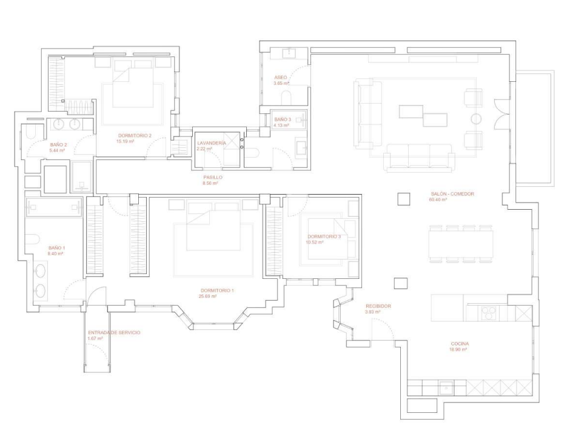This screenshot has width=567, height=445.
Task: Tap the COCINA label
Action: pos(458,344)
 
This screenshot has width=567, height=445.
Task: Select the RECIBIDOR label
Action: pos(378,306)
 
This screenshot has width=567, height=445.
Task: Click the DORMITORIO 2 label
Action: pos(134,135)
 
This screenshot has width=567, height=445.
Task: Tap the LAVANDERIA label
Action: pos(212,142)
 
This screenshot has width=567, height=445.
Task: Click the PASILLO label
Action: pos(213,177)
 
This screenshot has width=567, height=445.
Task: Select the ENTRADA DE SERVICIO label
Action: pos(114,333)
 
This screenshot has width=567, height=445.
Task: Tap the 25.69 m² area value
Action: pos(208,296)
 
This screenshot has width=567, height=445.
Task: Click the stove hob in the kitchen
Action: pos(488,312)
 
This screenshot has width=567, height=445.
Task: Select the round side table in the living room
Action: pos(476,118)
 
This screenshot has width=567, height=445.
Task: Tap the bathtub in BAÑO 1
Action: pos(55,207)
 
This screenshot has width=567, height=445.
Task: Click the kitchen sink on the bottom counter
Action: pos(447,386)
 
